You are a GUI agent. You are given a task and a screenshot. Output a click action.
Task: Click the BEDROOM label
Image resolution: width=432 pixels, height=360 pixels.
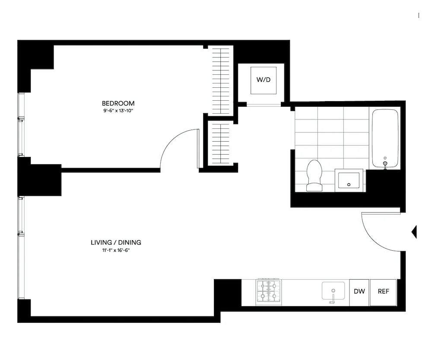(x=118, y=103)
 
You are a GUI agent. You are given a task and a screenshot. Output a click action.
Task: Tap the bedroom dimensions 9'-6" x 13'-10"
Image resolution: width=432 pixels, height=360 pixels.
(x=118, y=111)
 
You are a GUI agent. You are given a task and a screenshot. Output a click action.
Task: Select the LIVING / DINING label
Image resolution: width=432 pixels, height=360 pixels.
(x=116, y=242)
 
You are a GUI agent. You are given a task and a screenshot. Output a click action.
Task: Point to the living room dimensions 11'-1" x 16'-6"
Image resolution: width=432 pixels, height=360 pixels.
(x=116, y=250)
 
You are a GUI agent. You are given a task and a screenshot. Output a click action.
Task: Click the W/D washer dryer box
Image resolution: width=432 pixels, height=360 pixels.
(x=263, y=80)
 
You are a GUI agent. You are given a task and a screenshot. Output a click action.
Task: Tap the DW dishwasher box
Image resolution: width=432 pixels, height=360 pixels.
(x=359, y=291)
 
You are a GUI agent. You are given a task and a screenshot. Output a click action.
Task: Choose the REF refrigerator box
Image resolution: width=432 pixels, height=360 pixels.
(x=383, y=291)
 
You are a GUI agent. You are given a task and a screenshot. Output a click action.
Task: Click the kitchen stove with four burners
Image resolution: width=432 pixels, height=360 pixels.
(x=268, y=292)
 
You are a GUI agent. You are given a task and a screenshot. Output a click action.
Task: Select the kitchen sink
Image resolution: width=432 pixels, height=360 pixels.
(x=333, y=291)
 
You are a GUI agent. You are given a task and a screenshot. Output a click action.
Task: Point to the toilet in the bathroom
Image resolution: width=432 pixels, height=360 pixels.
(x=314, y=175)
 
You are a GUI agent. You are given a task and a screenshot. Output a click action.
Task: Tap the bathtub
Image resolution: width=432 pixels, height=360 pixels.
(x=385, y=138)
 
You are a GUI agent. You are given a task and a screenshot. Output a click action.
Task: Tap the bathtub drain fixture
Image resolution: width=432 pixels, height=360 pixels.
(x=385, y=163)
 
